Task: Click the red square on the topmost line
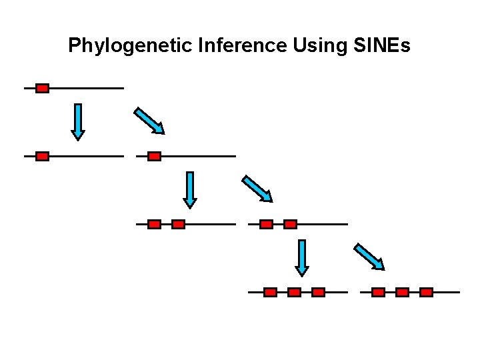pyautogui.click(x=42, y=88)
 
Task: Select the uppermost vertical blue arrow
pyautogui.click(x=78, y=121)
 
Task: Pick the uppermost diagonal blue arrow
pyautogui.click(x=149, y=121)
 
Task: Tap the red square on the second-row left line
pyautogui.click(x=42, y=156)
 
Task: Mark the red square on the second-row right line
pyautogui.click(x=154, y=156)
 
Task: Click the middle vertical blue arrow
pyautogui.click(x=190, y=190)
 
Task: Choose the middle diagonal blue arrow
pyautogui.click(x=257, y=188)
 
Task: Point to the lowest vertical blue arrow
pyautogui.click(x=302, y=257)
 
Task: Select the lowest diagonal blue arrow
pyautogui.click(x=369, y=257)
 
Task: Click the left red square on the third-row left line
pyautogui.click(x=154, y=224)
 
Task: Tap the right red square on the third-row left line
pyautogui.click(x=178, y=224)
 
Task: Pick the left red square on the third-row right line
pyautogui.click(x=266, y=224)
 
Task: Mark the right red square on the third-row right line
pyautogui.click(x=290, y=224)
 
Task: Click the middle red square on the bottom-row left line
pyautogui.click(x=294, y=292)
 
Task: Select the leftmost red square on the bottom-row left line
pyautogui.click(x=270, y=292)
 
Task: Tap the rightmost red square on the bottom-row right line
pyautogui.click(x=427, y=292)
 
